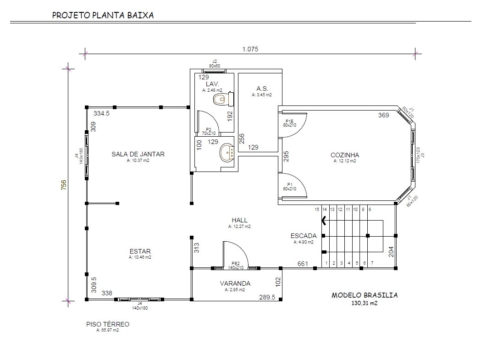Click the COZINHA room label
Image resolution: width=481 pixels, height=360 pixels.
click(x=344, y=155)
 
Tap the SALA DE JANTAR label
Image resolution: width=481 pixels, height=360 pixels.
click(x=138, y=154)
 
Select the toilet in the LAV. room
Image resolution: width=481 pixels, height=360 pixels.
click(x=223, y=99)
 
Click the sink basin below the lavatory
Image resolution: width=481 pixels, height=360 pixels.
click(x=227, y=152)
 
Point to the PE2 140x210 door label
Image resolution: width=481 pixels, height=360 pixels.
click(x=236, y=266)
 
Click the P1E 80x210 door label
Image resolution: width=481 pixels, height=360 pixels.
click(x=290, y=123)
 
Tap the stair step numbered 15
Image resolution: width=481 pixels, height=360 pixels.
click(x=317, y=210)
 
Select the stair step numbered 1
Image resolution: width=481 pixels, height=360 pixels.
click(x=326, y=263)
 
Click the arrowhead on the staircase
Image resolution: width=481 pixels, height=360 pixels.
click(x=324, y=221)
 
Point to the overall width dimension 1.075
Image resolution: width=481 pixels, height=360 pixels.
click(x=250, y=49)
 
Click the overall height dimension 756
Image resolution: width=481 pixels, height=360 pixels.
click(x=64, y=185)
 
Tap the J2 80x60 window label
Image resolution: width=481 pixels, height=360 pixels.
click(x=215, y=64)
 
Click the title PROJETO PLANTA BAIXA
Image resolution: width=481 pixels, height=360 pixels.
click(x=103, y=15)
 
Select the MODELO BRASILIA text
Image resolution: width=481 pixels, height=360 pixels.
click(x=365, y=295)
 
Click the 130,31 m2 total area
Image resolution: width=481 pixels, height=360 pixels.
click(x=365, y=303)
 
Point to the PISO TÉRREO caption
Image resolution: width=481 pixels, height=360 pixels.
click(x=108, y=324)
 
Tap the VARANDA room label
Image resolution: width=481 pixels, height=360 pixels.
click(x=235, y=283)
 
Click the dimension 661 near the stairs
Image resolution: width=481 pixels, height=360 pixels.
click(x=303, y=264)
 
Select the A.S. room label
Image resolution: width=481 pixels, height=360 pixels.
click(x=262, y=89)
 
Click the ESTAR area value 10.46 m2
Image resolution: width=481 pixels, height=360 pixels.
click(x=140, y=257)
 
